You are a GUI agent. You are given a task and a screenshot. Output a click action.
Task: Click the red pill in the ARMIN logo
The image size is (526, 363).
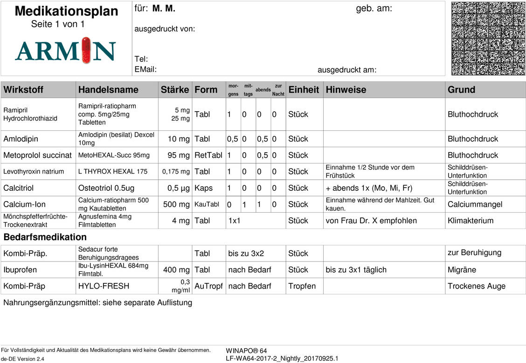pos(84,50)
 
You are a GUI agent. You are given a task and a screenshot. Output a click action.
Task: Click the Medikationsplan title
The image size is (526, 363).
pos(66,11)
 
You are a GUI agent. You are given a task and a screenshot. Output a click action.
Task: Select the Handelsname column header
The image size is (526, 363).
pos(108,89)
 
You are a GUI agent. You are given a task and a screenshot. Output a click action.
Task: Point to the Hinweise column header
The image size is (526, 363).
pos(346,89)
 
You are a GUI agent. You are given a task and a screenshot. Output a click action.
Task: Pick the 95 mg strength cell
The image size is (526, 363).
pos(179,155)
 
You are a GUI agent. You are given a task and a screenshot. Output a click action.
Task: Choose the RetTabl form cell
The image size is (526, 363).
pos(208,155)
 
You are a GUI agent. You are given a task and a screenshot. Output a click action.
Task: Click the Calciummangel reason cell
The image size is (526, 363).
pos(475,204)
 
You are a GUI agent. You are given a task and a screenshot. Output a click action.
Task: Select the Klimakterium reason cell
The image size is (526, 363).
pos(470,221)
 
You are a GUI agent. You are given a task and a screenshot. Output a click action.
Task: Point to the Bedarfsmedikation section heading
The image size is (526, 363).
pos(45,237)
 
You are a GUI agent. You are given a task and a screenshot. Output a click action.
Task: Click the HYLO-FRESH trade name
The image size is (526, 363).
pos(104,286)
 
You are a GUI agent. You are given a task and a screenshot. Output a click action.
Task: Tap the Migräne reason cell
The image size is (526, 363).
pos(462,270)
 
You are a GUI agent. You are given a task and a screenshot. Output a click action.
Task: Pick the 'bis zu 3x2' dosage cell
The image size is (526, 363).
pos(246,254)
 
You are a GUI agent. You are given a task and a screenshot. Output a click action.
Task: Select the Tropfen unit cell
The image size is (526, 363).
pos(302,286)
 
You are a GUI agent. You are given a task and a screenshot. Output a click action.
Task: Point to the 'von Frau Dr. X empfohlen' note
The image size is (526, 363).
pos(371,221)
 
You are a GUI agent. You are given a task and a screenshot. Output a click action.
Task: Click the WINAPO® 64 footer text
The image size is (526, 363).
pos(246,350)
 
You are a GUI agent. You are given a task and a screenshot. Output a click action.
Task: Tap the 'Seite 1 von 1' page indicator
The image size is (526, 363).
pos(58,24)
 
